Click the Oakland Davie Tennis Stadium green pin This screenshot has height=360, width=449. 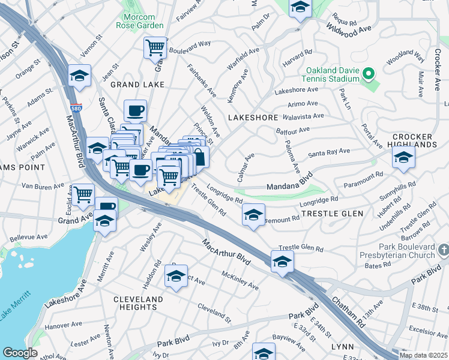coord(369,74)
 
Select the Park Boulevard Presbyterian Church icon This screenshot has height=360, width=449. coord(443,248)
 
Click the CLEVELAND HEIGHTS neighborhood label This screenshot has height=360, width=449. coord(137,303)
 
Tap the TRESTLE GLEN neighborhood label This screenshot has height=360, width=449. coord(332,214)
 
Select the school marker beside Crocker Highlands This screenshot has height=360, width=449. coord(403,157)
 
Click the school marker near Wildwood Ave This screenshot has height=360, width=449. coord(300,8)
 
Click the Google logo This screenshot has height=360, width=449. coord(20,353)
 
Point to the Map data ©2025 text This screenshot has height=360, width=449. coord(423,355)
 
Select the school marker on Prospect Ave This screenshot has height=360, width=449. coord(176,275)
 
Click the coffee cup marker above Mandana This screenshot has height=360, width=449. coord(135,110)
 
